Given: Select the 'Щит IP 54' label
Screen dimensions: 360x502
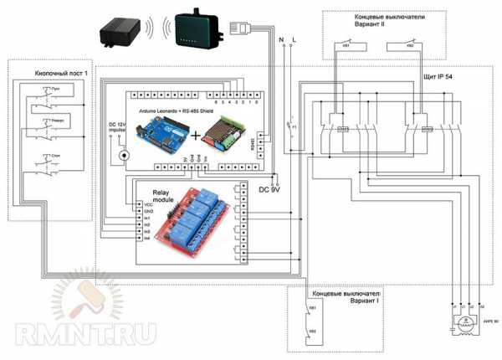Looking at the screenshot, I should (x=445, y=77).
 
